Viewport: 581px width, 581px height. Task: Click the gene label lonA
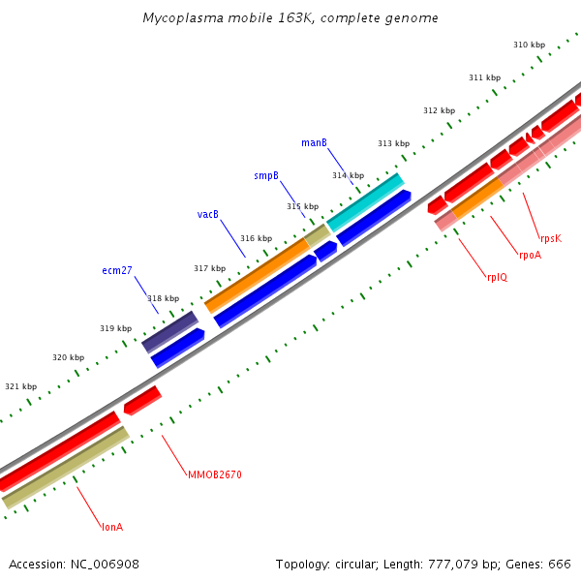coord(112,527)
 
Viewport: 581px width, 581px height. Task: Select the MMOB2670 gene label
coord(215,474)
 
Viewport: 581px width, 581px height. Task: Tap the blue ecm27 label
coord(117,271)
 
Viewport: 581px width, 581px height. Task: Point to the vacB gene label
coord(208,214)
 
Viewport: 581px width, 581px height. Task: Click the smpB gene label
coord(266,175)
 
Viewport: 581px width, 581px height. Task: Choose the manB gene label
coord(314,142)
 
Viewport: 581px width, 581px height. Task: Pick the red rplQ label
coord(497,277)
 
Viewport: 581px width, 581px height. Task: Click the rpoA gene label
coord(530,256)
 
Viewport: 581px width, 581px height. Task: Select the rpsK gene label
coord(551,238)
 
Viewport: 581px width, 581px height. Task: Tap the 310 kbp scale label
coord(529,46)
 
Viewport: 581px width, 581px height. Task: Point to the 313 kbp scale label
coord(393,143)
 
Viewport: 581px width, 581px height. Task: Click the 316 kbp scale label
coord(256,238)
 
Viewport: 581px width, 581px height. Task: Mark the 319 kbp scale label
coord(115,328)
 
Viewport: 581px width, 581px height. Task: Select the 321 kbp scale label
coord(20,386)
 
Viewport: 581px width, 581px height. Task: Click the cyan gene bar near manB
coord(365,202)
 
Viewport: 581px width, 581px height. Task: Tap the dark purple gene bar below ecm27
coord(169,331)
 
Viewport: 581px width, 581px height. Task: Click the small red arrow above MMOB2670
coord(142,399)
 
